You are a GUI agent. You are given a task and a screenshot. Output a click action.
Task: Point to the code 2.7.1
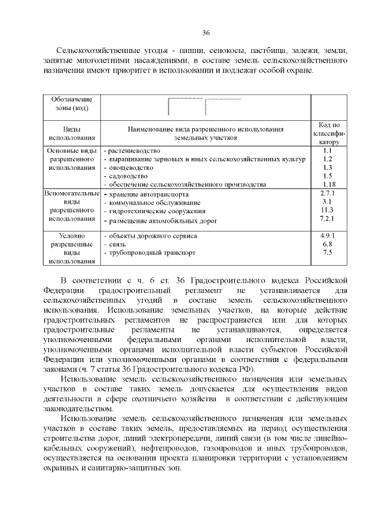tap(327, 194)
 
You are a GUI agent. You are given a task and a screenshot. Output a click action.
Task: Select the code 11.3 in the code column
tap(327, 210)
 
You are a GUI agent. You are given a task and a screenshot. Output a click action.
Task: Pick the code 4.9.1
tap(327, 235)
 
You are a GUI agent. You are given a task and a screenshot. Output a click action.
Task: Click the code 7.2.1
tap(327, 219)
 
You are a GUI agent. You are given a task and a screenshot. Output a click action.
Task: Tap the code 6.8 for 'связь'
tap(327, 243)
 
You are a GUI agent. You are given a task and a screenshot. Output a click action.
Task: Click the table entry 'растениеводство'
tap(134, 151)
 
